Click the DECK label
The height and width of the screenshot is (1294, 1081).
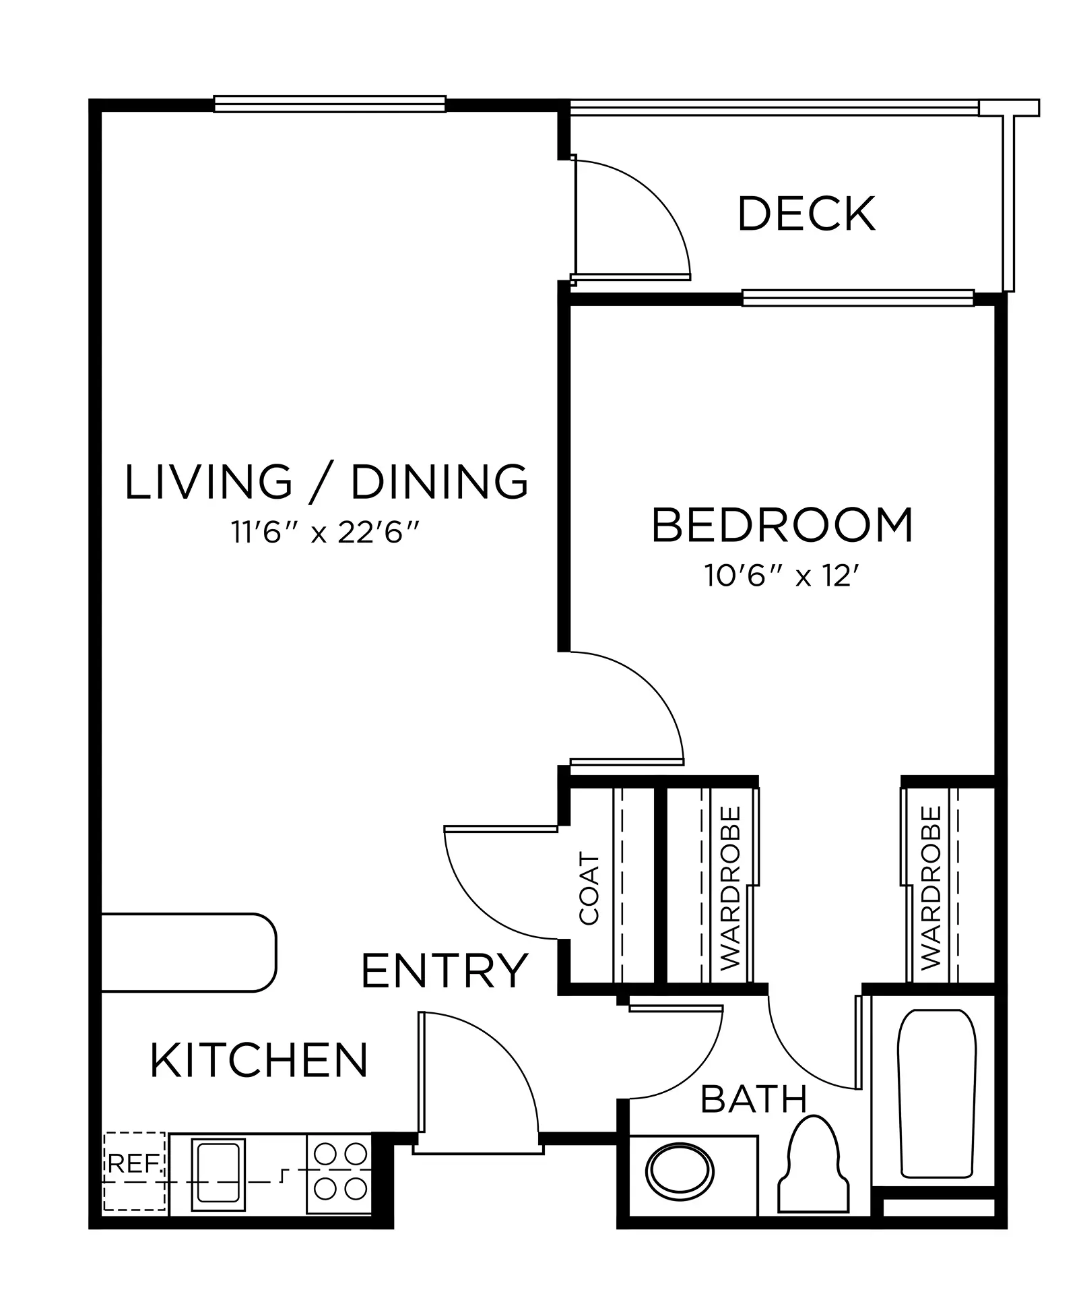[x=806, y=214]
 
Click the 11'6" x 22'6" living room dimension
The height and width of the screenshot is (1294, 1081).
[x=326, y=533]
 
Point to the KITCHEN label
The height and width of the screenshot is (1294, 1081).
[x=259, y=1060]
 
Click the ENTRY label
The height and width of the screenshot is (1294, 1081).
[x=445, y=970]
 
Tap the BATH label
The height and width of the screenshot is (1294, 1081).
[x=754, y=1099]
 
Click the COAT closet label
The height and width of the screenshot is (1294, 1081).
[x=589, y=889]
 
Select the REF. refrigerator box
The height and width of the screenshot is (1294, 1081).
[x=135, y=1171]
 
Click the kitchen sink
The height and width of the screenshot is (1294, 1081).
[x=218, y=1173]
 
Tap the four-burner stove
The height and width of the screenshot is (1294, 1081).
[x=339, y=1173]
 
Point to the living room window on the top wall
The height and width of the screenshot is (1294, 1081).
[x=330, y=103]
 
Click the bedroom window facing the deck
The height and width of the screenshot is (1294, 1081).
[x=858, y=297]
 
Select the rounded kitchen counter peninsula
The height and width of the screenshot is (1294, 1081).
[x=189, y=952]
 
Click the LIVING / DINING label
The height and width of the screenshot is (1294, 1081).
[x=327, y=481]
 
